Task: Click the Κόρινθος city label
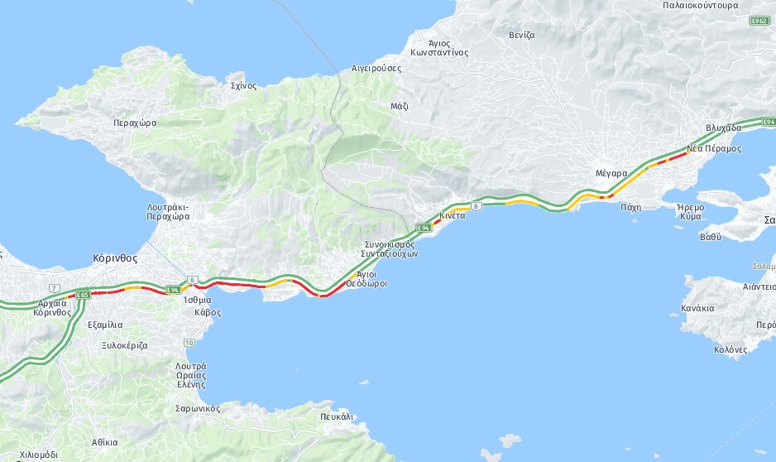click(x=115, y=257)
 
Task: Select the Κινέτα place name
click(x=453, y=215)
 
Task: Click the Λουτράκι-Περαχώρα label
click(x=168, y=211)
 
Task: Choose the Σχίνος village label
click(x=243, y=85)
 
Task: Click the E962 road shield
click(x=759, y=20)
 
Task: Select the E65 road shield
click(x=82, y=295)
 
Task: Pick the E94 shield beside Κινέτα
click(x=424, y=227)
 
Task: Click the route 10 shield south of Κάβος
click(x=189, y=343)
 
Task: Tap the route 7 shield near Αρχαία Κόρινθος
click(x=55, y=287)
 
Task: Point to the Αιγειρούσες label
click(x=376, y=69)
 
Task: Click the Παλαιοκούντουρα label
click(x=701, y=5)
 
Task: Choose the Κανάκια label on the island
click(x=697, y=308)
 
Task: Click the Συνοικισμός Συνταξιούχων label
click(x=390, y=249)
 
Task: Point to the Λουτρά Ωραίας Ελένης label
click(x=191, y=375)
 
